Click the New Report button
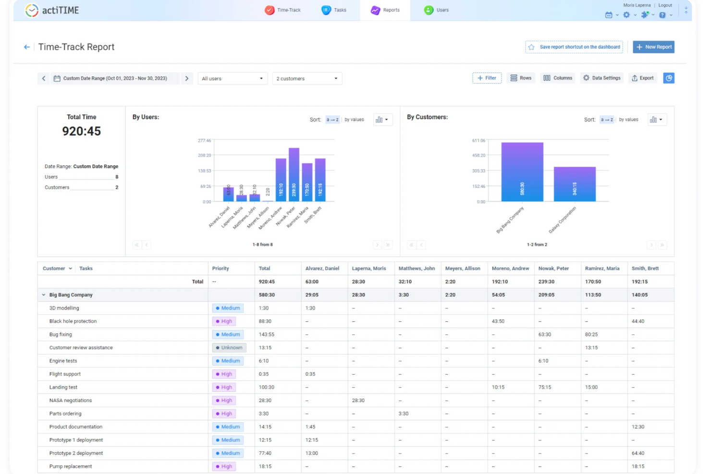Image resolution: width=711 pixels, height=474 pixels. pos(653,47)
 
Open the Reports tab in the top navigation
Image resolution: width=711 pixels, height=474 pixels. pos(385,10)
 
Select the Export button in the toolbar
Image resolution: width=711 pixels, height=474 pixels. pos(642,78)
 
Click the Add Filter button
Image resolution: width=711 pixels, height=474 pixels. pos(487,78)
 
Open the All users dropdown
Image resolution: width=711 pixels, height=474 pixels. pos(232,78)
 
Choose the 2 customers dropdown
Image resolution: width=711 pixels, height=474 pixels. pos(306,78)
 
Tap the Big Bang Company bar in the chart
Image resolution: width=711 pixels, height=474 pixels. pos(522,172)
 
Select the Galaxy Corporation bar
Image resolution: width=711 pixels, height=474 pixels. pos(575,184)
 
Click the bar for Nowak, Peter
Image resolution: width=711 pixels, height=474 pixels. pos(294,175)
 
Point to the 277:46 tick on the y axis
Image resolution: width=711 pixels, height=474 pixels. pos(204,141)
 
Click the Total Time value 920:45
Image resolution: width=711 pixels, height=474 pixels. pos(81,131)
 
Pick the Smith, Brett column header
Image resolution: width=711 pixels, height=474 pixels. pos(645,268)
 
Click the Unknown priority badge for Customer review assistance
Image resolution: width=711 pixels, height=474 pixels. pos(229,348)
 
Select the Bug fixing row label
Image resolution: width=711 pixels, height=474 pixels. pos(61,334)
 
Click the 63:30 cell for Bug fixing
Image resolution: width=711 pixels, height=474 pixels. pos(544,334)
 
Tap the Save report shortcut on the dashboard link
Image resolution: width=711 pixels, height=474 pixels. pos(574,47)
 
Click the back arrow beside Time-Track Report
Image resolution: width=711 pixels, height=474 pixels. pos(27,47)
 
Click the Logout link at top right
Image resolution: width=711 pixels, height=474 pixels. pos(665,5)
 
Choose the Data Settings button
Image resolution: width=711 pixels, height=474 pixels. pos(601,78)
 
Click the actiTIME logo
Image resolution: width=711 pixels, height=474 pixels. pos(52,10)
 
